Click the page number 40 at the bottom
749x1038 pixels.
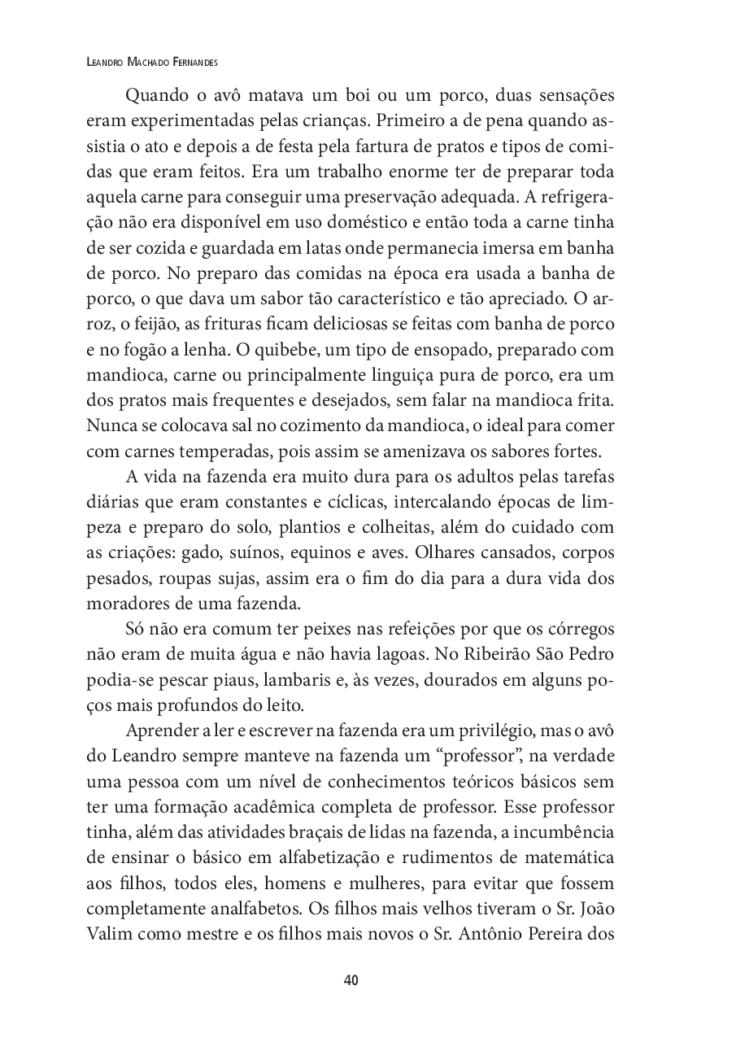[351, 979]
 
